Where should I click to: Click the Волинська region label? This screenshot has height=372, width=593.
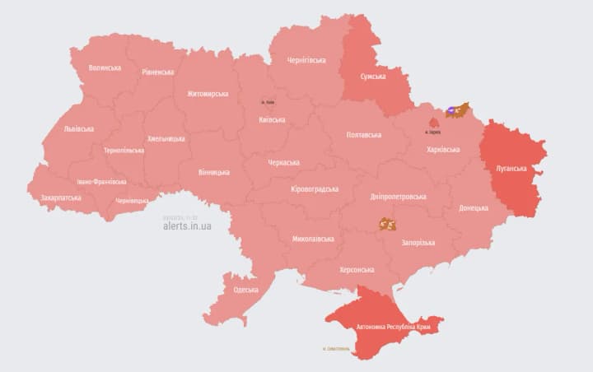click(x=105, y=67)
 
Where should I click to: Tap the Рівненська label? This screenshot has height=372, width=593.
click(x=157, y=72)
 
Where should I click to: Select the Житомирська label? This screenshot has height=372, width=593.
click(x=207, y=94)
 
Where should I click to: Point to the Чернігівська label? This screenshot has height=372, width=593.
click(x=306, y=60)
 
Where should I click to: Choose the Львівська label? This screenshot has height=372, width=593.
click(x=78, y=129)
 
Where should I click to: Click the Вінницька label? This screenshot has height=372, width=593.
click(x=214, y=172)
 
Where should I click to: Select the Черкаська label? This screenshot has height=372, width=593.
click(x=284, y=163)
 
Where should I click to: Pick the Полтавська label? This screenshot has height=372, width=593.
click(x=363, y=135)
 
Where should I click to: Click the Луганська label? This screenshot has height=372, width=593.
click(x=511, y=169)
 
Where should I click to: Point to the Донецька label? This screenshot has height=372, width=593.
click(x=473, y=208)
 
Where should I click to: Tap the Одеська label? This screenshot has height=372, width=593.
click(x=245, y=290)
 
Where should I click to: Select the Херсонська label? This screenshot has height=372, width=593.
click(x=357, y=269)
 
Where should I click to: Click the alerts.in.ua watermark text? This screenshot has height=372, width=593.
click(x=187, y=226)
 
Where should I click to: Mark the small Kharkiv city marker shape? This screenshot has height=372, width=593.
click(x=432, y=124)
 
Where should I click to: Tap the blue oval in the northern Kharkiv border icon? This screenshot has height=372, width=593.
click(x=451, y=110)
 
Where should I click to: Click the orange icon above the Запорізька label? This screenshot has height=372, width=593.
click(x=387, y=224)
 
